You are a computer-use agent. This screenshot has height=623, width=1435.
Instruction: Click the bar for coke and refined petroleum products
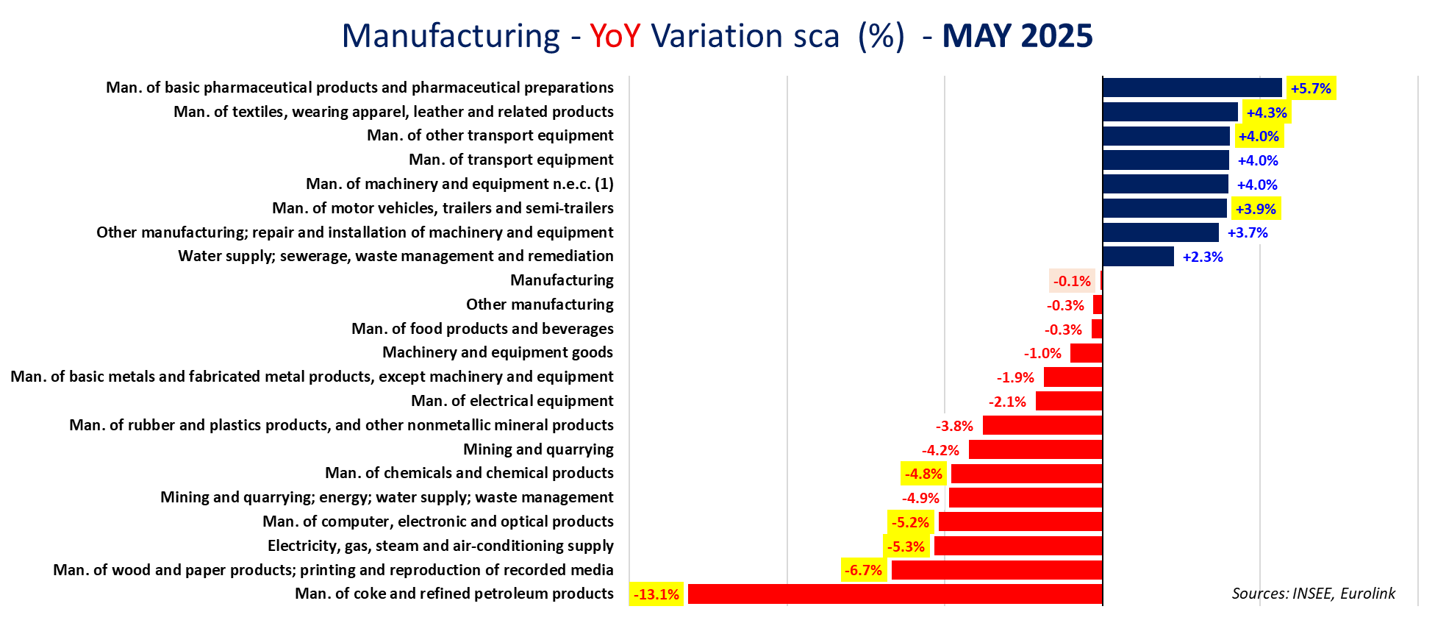pyautogui.click(x=895, y=594)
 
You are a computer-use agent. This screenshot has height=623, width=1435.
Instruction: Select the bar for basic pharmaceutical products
pyautogui.click(x=1192, y=88)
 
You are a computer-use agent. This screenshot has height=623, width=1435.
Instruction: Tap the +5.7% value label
pyautogui.click(x=1311, y=88)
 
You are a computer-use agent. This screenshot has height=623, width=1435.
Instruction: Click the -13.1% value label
pyautogui.click(x=656, y=594)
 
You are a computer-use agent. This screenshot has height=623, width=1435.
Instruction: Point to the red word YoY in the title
pyautogui.click(x=615, y=36)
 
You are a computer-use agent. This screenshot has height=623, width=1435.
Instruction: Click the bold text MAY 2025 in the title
pyautogui.click(x=1017, y=36)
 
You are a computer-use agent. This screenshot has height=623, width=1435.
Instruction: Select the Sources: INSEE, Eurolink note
pyautogui.click(x=1313, y=594)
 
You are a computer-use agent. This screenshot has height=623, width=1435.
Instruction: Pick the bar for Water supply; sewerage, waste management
pyautogui.click(x=1138, y=257)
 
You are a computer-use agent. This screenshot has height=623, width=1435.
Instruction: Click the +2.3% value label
pyautogui.click(x=1203, y=257)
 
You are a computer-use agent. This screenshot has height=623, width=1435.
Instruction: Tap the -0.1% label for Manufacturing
pyautogui.click(x=1072, y=281)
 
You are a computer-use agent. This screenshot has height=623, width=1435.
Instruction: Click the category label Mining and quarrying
pyautogui.click(x=538, y=449)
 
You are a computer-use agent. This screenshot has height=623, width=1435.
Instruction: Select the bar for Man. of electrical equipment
pyautogui.click(x=1069, y=401)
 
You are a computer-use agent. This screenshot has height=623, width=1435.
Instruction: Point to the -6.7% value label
pyautogui.click(x=863, y=570)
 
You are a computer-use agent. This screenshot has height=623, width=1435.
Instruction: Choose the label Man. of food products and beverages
pyautogui.click(x=482, y=329)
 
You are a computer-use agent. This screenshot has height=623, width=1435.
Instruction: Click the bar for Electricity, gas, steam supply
pyautogui.click(x=1018, y=546)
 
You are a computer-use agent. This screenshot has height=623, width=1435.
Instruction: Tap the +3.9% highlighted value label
pyautogui.click(x=1256, y=209)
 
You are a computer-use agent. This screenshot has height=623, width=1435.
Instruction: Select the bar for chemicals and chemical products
pyautogui.click(x=1026, y=474)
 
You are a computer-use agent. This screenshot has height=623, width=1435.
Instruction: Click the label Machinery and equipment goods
pyautogui.click(x=498, y=352)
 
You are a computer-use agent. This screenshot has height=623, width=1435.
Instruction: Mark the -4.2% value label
pyautogui.click(x=940, y=450)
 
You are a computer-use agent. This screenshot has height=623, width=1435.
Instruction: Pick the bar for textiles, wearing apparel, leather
pyautogui.click(x=1170, y=112)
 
